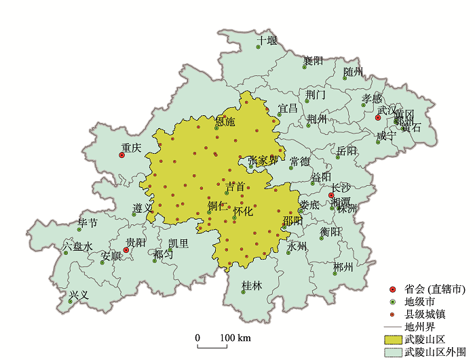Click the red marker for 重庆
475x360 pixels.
pyautogui.click(x=121, y=155)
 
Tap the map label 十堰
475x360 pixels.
pyautogui.click(x=267, y=41)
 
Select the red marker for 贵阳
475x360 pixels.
pyautogui.click(x=126, y=250)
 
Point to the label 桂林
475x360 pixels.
pyautogui.click(x=252, y=286)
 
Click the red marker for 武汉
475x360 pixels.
pyautogui.click(x=378, y=117)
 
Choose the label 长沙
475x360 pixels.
pyautogui.click(x=341, y=188)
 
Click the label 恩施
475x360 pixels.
pyautogui.click(x=225, y=122)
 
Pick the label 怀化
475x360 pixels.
pyautogui.click(x=242, y=212)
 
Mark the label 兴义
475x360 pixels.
pyautogui.click(x=79, y=296)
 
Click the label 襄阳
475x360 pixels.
pyautogui.click(x=313, y=61)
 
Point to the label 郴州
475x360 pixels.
pyautogui.click(x=343, y=267)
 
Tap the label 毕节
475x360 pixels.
pyautogui.click(x=88, y=223)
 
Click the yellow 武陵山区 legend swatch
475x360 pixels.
pyautogui.click(x=392, y=339)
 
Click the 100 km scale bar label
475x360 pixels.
pyautogui.click(x=235, y=338)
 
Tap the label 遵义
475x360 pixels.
pyautogui.click(x=143, y=207)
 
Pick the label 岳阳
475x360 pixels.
pyautogui.click(x=346, y=151)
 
